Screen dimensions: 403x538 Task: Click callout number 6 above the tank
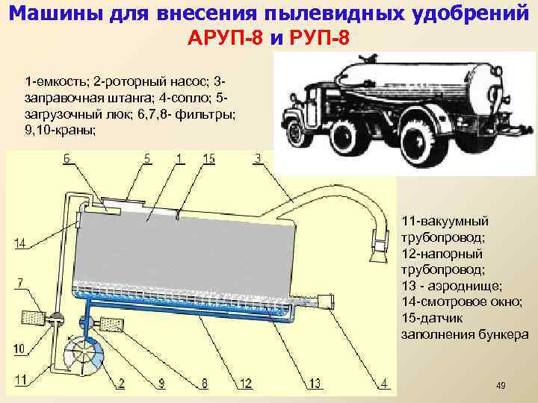67,158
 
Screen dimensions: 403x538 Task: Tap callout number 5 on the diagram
148,158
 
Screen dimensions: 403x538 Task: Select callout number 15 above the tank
208,158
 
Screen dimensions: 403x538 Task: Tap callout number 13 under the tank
315,383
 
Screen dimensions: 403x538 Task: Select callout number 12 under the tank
244,383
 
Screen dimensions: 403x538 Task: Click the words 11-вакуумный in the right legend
445,222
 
